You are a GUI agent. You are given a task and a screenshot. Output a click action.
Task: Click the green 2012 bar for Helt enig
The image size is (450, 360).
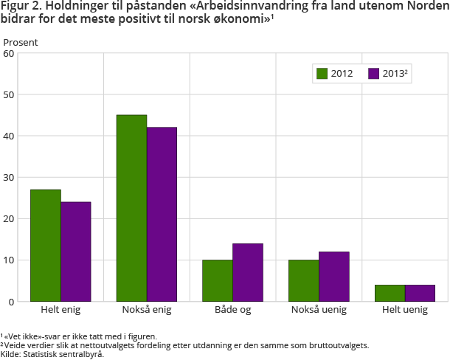[x=46, y=245]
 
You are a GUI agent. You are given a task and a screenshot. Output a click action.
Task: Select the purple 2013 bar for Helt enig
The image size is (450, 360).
[x=76, y=252]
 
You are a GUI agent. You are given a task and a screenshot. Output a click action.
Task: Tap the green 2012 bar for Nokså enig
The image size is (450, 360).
[x=132, y=208]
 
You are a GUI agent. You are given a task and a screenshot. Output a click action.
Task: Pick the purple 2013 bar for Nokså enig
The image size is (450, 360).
[x=162, y=214]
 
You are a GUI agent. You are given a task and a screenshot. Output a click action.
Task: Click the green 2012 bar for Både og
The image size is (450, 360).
[x=218, y=280]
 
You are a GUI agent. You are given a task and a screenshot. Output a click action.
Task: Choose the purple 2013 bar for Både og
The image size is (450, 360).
[x=248, y=272]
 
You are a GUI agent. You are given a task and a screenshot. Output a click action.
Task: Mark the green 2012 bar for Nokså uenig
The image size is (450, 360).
[x=304, y=280]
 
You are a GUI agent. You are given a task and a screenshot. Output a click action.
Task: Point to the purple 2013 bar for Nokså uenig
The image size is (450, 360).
[x=334, y=277]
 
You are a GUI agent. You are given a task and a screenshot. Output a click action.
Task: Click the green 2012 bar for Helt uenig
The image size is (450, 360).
[x=390, y=293]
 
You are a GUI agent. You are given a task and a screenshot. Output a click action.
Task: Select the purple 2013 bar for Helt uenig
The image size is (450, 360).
[x=420, y=293]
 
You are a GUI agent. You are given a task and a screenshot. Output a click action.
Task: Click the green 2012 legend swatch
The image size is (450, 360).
[x=322, y=73]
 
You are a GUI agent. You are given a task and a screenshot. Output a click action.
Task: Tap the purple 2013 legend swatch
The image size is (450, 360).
[x=373, y=73]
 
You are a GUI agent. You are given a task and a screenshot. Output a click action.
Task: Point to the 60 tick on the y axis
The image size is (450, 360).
[x=10, y=53]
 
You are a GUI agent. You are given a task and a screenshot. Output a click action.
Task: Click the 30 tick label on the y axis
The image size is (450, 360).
[x=10, y=177]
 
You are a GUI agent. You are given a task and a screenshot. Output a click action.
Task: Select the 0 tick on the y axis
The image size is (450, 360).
[x=13, y=302]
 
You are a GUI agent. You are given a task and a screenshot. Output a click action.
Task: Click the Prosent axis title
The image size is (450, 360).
[x=21, y=42]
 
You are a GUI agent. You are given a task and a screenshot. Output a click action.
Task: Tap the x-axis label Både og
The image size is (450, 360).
[x=232, y=310]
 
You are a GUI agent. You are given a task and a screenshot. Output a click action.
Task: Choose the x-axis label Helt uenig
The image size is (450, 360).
[x=405, y=310]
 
